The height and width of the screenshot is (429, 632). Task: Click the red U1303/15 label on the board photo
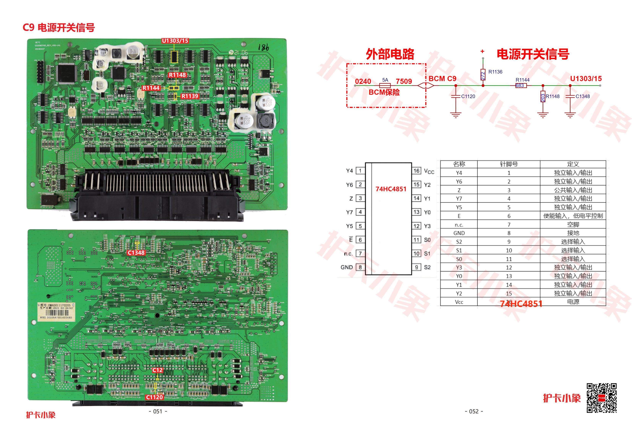[175, 41]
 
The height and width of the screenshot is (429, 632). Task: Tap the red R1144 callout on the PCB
[151, 88]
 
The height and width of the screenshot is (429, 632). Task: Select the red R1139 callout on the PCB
[190, 96]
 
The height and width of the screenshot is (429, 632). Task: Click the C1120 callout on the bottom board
[154, 397]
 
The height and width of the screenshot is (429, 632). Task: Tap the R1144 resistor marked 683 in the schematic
[521, 85]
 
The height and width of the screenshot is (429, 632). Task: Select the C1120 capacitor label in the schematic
[468, 96]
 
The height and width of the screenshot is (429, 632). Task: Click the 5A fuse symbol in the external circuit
[385, 85]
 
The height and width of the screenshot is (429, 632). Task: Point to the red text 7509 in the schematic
[404, 81]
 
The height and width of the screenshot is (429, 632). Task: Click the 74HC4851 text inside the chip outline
[391, 189]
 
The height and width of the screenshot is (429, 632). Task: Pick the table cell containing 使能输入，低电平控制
[573, 216]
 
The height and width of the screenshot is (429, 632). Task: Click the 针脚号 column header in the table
[509, 164]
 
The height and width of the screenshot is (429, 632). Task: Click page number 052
[474, 411]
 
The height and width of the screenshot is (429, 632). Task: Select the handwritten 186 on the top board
[263, 48]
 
